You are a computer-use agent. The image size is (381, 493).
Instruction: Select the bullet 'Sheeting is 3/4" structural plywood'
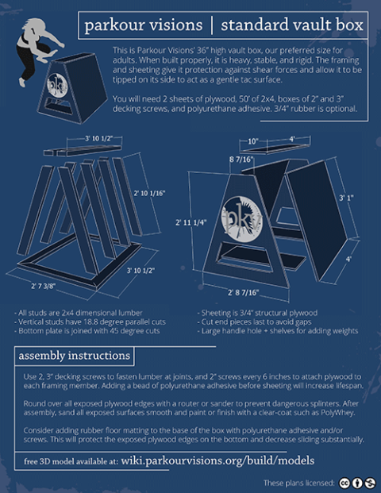click(258, 313)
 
